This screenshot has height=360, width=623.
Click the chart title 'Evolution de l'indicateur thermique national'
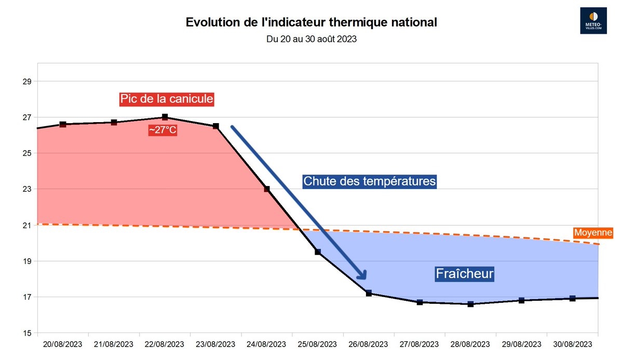(x=311, y=23)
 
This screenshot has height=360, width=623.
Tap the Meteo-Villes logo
(x=593, y=21)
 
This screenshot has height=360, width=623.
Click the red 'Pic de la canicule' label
(x=167, y=99)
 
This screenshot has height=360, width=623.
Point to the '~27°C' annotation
(x=164, y=130)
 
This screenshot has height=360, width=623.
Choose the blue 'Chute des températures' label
(x=370, y=181)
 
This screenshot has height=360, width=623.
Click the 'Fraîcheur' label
(x=464, y=273)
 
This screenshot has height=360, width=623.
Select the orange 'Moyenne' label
(x=593, y=233)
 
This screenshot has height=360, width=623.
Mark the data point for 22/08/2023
(x=165, y=117)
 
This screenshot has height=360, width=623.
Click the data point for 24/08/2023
(x=267, y=189)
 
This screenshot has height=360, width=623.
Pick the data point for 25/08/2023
(x=318, y=252)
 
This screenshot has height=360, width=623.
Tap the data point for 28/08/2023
(x=470, y=304)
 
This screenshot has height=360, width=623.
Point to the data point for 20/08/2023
(x=63, y=124)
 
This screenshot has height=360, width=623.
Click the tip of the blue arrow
(x=365, y=279)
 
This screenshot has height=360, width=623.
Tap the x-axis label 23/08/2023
(x=216, y=344)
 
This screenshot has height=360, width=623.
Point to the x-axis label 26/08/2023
(x=369, y=344)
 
